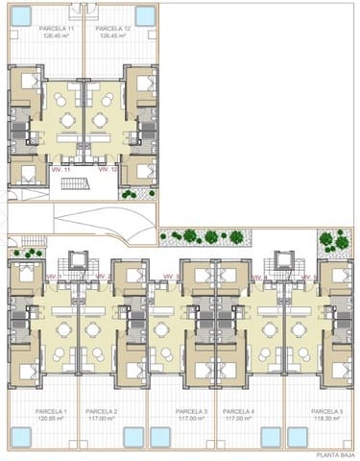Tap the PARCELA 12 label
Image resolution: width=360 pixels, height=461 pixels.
click(112, 29)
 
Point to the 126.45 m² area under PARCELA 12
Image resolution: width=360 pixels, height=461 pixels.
click(112, 36)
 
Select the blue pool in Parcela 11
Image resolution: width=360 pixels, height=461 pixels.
click(22, 17)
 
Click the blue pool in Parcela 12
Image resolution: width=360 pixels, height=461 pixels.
click(144, 17)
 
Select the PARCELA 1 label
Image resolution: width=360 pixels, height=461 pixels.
click(52, 411)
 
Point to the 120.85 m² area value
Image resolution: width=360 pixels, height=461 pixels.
click(52, 419)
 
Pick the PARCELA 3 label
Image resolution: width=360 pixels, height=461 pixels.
click(192, 411)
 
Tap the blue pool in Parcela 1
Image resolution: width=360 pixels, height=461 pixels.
click(22, 438)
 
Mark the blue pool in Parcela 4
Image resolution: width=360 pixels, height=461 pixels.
click(270, 438)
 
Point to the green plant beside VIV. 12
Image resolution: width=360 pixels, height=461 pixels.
click(129, 193)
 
